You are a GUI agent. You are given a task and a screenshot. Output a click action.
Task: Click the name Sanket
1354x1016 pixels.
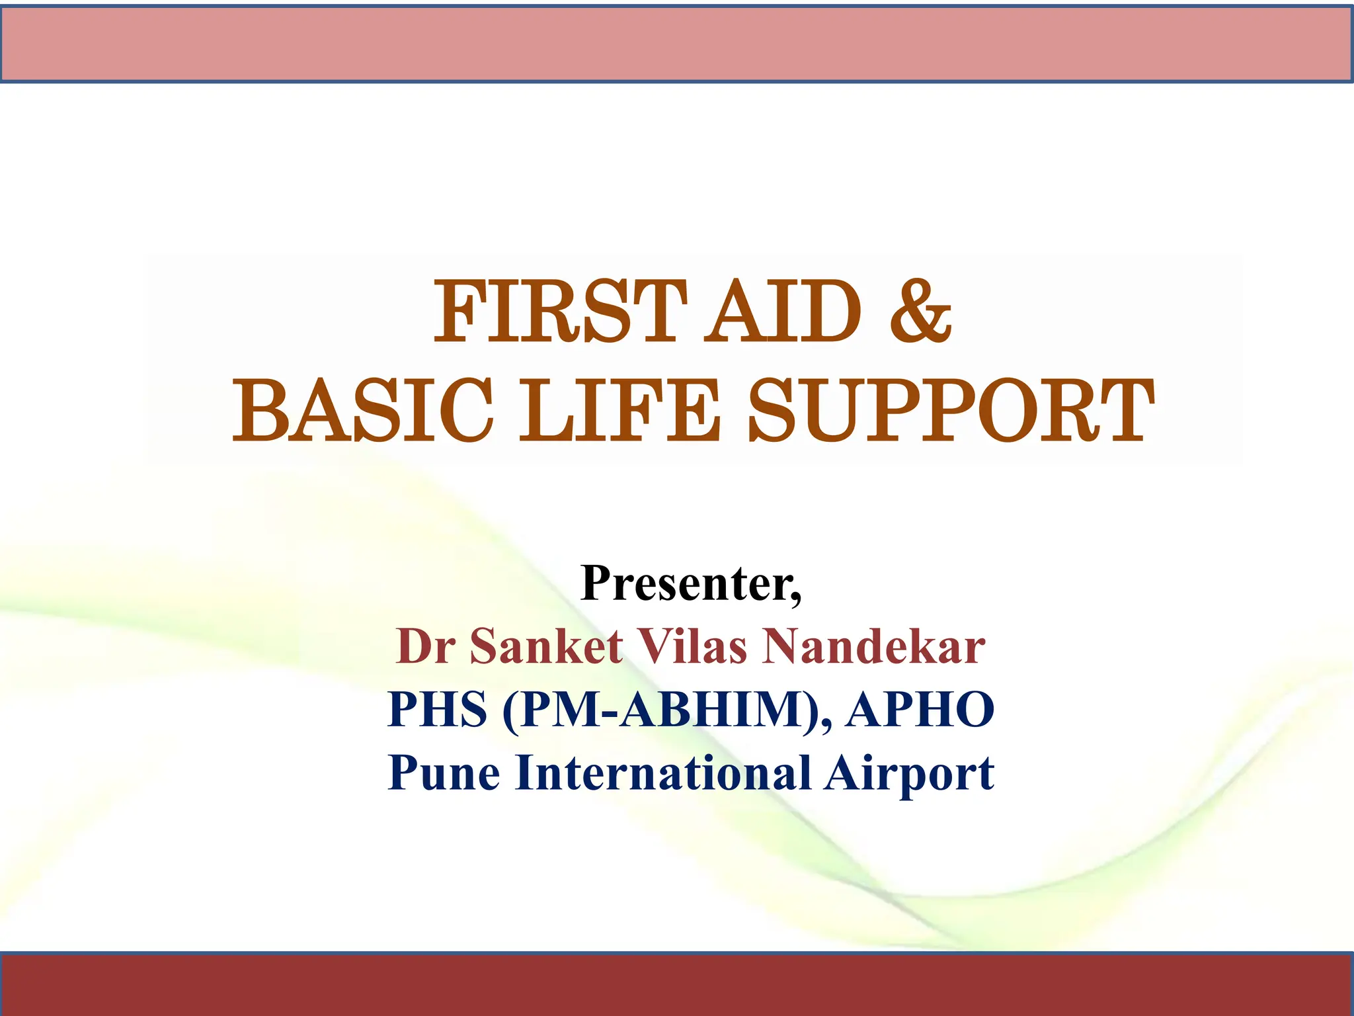[546, 647]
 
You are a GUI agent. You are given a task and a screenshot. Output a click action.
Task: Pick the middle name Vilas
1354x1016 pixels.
[691, 647]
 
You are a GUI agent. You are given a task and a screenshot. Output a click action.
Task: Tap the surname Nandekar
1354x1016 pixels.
[873, 647]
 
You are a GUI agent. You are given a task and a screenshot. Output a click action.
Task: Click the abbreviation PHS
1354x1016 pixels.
[437, 710]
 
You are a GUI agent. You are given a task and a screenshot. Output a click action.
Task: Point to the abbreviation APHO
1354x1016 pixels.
[920, 710]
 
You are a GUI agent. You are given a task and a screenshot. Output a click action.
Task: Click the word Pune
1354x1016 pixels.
[444, 773]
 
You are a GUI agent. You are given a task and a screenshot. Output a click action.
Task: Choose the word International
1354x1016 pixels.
[663, 773]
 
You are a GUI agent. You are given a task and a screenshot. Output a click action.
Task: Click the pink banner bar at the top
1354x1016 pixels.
[677, 43]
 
